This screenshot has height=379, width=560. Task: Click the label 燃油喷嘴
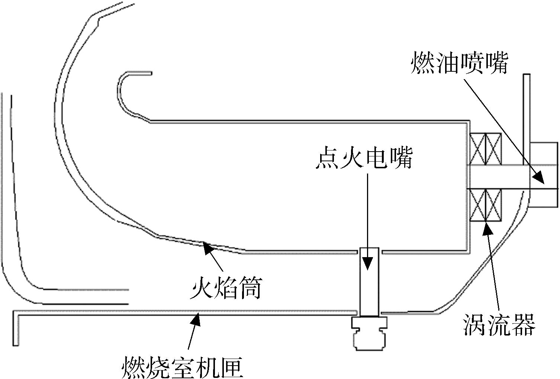tap(460, 62)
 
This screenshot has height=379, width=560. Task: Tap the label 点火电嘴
tap(364, 158)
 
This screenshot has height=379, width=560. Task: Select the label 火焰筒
tap(226, 288)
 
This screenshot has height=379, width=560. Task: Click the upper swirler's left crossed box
tap(477, 149)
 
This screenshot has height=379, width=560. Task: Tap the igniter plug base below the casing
tap(369, 333)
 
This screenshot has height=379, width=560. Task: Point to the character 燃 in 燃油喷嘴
tap(422, 62)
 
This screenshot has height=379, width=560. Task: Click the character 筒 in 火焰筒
tap(250, 288)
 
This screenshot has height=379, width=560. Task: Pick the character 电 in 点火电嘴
tap(376, 158)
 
